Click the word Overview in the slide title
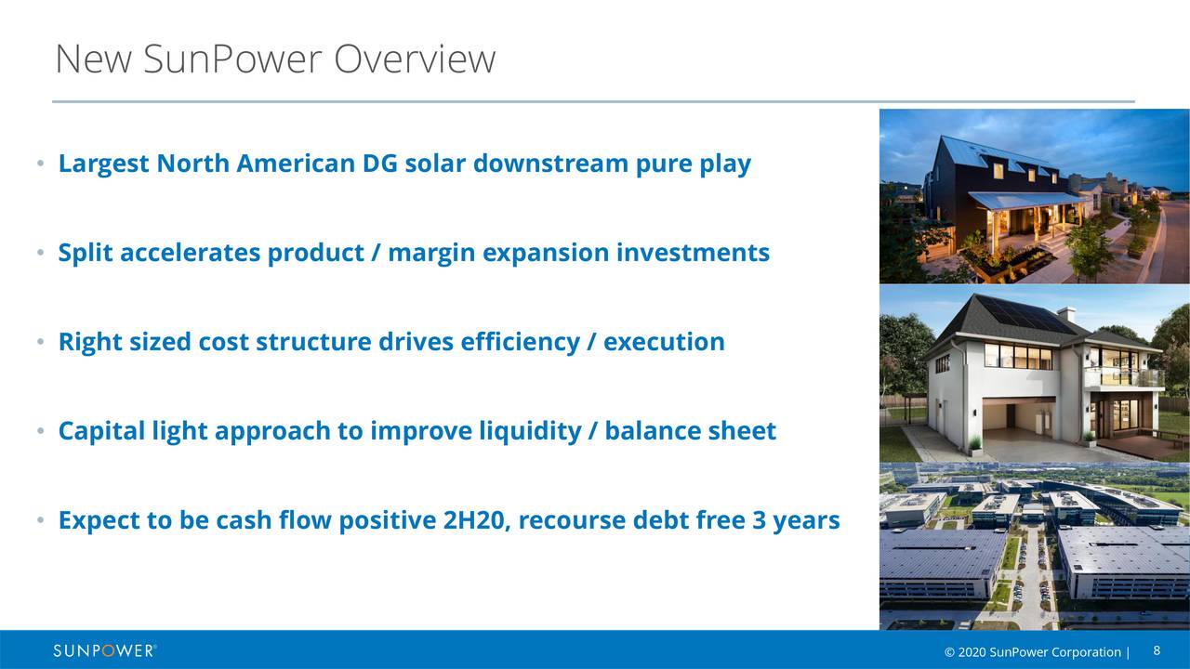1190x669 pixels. click(415, 59)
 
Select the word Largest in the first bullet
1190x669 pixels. click(104, 164)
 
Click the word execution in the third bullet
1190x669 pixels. click(664, 342)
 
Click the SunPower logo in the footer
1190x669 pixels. click(104, 650)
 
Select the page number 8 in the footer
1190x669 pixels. click(1157, 650)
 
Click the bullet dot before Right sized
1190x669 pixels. click(40, 343)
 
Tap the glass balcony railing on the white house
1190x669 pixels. click(1123, 378)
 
